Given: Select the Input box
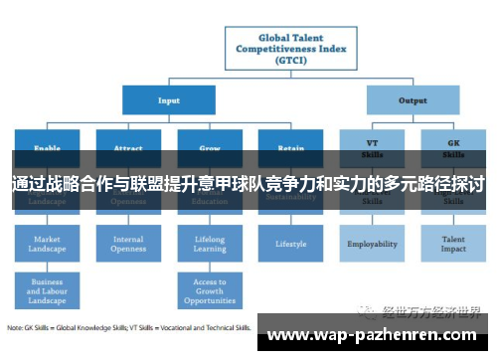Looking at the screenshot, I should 169,99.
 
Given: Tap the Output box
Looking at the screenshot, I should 413,99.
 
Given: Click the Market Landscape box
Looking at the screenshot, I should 47,244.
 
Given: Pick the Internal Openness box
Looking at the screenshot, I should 128,244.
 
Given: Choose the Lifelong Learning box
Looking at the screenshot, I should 210,244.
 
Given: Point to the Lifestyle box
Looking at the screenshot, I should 290,243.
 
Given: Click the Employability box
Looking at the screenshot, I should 372,244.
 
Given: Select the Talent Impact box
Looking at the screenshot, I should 453,244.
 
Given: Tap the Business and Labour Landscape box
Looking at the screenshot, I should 47,289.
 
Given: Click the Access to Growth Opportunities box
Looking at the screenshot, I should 210,289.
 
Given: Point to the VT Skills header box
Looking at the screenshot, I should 372,146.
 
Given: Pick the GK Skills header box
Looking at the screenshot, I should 453,146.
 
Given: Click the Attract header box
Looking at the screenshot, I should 128,145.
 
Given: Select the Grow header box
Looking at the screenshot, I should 210,145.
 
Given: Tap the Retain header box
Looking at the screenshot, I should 290,145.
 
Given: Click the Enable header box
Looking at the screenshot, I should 47,145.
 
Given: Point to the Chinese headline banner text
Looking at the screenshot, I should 248,185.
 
